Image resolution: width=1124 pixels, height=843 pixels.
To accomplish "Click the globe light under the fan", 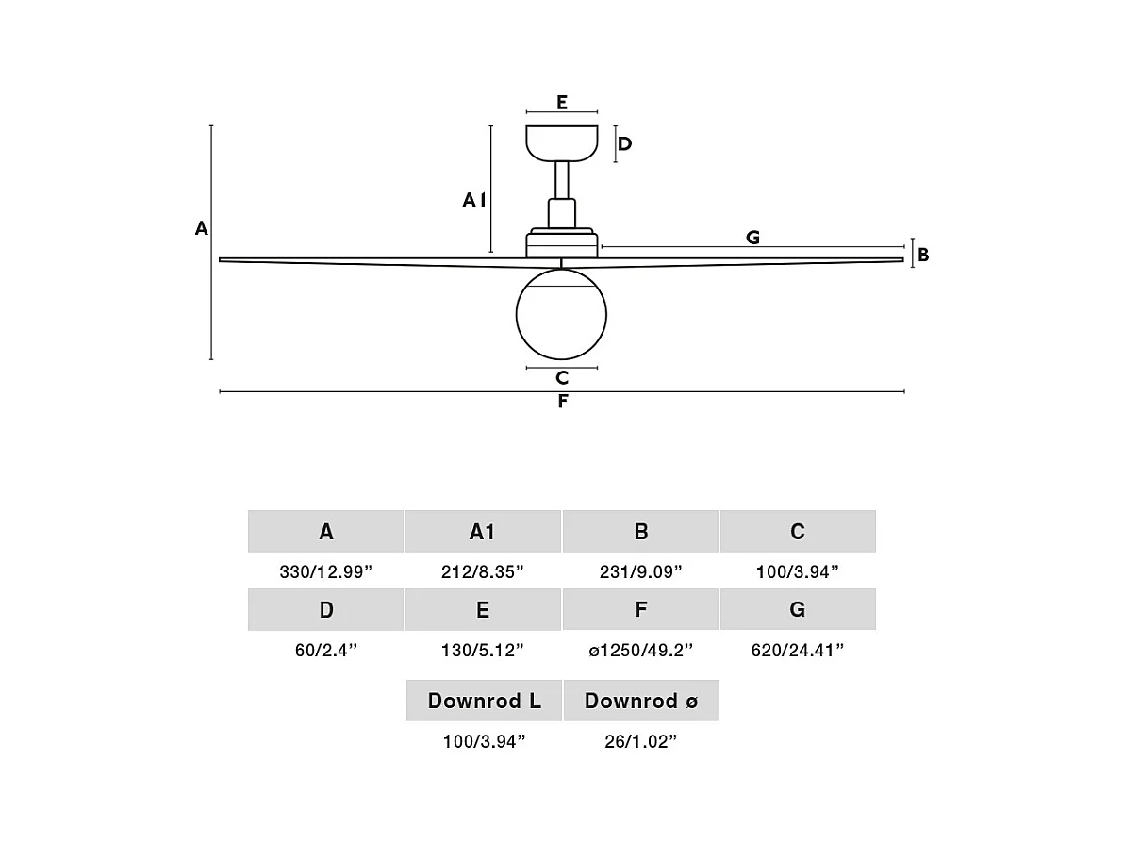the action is (561, 314).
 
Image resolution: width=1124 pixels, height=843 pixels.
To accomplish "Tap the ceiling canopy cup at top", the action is (562, 142).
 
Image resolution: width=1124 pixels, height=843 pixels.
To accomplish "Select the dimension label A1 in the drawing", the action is (474, 200).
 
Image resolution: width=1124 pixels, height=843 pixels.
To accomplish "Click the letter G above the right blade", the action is (752, 238).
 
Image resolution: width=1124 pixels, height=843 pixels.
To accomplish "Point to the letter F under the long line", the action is (562, 402).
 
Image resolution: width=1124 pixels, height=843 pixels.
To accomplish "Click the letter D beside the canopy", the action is (624, 144).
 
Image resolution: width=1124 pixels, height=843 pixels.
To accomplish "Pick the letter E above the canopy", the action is (562, 103).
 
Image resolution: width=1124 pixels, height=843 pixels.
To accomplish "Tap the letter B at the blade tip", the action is (923, 255).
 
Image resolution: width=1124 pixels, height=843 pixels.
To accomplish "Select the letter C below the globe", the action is (562, 378).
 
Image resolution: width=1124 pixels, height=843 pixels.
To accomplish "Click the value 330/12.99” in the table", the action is (326, 571).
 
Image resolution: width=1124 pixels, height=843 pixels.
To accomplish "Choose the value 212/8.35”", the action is (483, 571).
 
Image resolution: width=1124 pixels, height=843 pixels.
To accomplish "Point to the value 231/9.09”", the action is (641, 571).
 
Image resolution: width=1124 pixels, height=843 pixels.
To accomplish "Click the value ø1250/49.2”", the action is (641, 650).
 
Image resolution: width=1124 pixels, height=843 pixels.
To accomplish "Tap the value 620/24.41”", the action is (798, 650).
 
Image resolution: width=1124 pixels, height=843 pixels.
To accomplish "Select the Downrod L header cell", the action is (484, 701).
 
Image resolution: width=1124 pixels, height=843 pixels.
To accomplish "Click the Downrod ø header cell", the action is (641, 701).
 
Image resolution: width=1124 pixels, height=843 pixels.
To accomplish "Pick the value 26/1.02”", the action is (641, 742).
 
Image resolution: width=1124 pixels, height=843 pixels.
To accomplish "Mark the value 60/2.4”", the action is (326, 650).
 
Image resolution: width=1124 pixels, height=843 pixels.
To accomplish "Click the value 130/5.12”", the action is (483, 650).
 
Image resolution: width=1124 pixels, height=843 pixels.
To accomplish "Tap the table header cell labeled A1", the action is (483, 532).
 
